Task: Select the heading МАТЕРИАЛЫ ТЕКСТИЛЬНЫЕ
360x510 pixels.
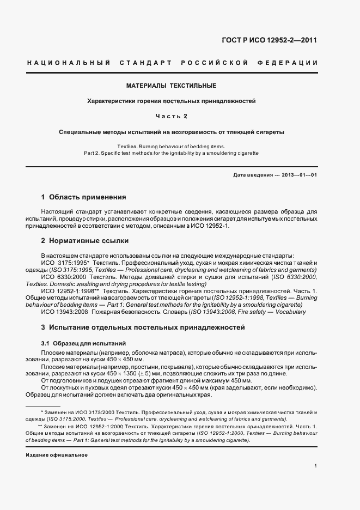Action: [172, 86]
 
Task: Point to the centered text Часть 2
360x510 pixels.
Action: [172, 116]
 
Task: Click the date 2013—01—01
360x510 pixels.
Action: [298, 174]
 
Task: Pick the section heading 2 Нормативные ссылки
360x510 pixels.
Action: [86, 240]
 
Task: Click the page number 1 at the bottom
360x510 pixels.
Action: [316, 466]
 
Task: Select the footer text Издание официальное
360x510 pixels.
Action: [57, 455]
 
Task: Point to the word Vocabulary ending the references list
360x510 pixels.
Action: [290, 312]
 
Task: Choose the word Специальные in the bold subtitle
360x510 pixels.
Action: [80, 132]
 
